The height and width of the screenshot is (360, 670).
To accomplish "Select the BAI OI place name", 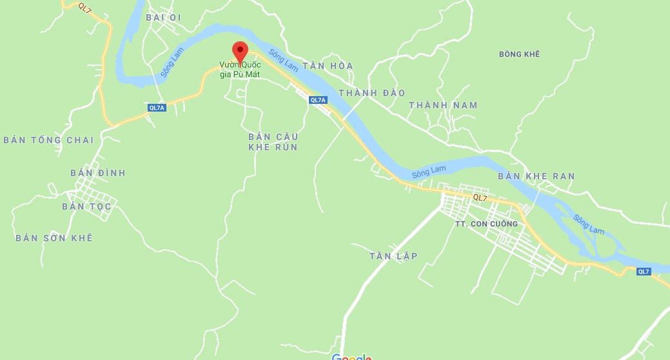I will point(164,17).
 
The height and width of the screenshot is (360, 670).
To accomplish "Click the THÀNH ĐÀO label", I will point(371,93).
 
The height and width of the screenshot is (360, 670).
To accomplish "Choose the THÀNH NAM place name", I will point(443,105).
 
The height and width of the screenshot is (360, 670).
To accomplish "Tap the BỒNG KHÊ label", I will point(519,54).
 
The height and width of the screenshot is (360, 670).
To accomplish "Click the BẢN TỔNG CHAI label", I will point(49,140).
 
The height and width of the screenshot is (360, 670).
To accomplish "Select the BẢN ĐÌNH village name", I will point(98,173).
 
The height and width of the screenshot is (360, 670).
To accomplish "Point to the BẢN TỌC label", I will point(87,206).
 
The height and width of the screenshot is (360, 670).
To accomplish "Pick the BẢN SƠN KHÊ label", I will point(54,238).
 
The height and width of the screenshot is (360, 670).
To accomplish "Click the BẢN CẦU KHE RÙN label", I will point(273,142).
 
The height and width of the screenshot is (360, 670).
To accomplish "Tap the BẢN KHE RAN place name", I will point(537,176).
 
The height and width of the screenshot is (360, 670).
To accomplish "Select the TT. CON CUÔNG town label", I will point(486,224).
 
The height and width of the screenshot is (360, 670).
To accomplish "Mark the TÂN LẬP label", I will point(393,256).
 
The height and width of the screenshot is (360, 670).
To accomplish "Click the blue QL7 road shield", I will point(644,272).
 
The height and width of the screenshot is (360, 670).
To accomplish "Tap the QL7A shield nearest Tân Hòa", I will point(319,100).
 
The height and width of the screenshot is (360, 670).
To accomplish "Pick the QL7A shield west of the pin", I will point(157,108).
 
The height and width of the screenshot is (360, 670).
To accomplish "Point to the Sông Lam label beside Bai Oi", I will point(172,63).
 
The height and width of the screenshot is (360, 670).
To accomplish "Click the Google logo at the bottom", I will point(351,357).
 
